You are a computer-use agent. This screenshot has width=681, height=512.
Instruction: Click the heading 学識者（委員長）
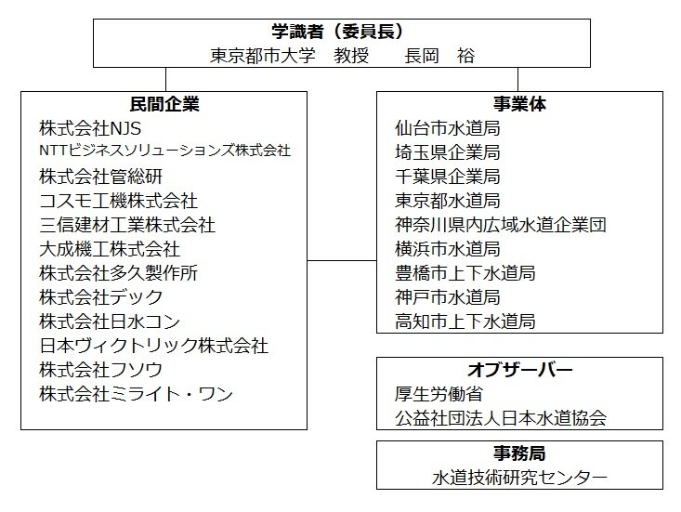[337, 32]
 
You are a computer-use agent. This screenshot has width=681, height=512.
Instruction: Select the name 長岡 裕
[439, 56]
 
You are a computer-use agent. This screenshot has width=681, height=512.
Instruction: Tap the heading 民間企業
[164, 104]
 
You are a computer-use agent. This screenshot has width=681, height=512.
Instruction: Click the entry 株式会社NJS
[90, 128]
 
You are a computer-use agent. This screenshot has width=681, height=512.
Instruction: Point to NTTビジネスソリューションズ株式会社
[164, 151]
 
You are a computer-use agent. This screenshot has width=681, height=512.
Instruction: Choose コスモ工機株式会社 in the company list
[118, 201]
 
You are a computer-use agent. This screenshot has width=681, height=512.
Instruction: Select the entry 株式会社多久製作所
[118, 273]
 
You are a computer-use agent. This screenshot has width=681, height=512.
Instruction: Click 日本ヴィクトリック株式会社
[153, 346]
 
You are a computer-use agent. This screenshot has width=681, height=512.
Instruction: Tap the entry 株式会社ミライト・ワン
[136, 394]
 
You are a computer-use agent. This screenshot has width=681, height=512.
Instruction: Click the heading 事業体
[519, 104]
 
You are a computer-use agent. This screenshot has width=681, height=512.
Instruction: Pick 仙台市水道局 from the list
[447, 128]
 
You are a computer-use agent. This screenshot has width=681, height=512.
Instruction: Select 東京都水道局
[447, 201]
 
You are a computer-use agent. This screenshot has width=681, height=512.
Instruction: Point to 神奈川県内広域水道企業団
[501, 225]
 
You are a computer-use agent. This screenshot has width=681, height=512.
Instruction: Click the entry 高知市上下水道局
[465, 322]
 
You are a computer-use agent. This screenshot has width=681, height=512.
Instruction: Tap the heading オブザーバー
[520, 370]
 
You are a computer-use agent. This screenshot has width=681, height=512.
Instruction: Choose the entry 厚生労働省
[439, 394]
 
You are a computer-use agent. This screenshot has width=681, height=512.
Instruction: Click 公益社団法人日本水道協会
[501, 419]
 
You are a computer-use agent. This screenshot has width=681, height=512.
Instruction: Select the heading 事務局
[519, 453]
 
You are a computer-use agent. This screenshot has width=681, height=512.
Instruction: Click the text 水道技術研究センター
[519, 478]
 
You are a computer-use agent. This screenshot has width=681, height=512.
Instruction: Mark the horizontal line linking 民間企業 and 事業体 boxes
[342, 260]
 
